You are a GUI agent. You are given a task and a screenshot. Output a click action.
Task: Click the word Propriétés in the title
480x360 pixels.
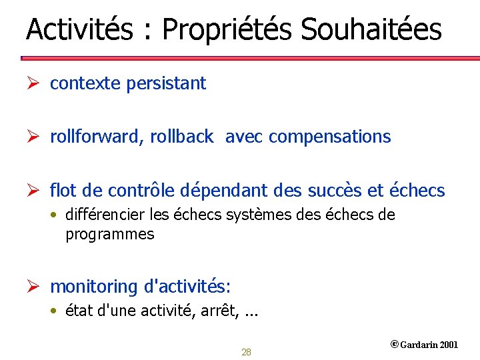click(x=227, y=30)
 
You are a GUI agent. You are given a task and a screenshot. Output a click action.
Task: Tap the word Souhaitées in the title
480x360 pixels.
click(x=371, y=30)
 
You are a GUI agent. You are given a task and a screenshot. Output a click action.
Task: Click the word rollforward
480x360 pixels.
click(x=97, y=137)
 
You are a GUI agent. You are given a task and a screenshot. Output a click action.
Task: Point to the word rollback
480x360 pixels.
click(x=181, y=137)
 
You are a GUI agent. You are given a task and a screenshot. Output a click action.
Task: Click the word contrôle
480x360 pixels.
click(x=150, y=191)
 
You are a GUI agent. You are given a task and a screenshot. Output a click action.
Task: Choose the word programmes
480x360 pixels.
click(x=109, y=235)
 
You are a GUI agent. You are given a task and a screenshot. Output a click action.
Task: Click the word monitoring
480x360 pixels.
click(x=93, y=287)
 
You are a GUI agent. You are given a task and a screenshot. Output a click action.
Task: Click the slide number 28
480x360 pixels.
click(x=246, y=352)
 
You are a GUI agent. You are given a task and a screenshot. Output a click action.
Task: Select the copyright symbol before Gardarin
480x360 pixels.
click(x=394, y=345)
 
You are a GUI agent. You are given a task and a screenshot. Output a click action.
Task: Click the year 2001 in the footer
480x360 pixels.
click(x=449, y=345)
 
